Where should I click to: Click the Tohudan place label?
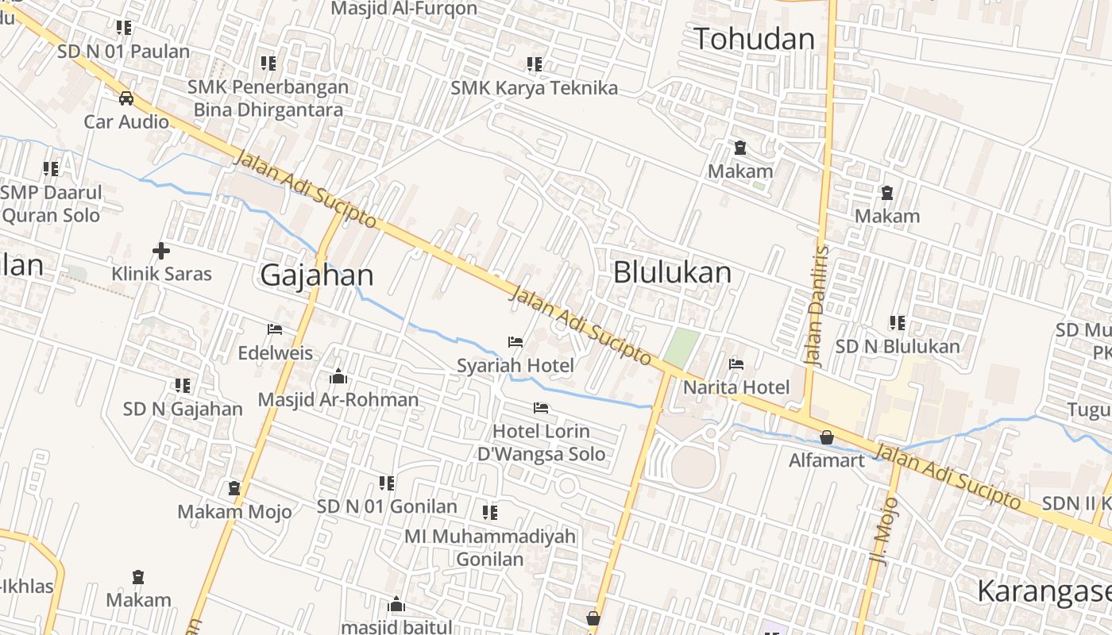(754, 39)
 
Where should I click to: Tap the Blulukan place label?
(672, 272)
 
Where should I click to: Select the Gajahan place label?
(316, 275)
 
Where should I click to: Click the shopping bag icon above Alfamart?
(827, 437)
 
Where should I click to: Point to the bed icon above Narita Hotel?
(736, 364)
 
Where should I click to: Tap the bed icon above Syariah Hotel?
(515, 343)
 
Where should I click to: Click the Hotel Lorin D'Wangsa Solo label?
(541, 443)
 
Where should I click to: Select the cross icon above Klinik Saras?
(161, 251)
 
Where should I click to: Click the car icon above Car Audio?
(126, 98)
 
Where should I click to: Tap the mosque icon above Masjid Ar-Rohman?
(338, 376)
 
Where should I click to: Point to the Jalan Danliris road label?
(817, 306)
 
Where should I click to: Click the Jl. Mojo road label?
(884, 530)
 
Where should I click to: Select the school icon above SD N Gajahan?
(183, 386)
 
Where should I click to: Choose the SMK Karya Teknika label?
(534, 88)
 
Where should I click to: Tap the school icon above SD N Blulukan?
(898, 323)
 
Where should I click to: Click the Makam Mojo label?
(234, 511)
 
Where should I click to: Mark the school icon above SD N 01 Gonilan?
(387, 483)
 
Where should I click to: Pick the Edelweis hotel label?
(276, 352)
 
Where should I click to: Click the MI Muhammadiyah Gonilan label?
(490, 547)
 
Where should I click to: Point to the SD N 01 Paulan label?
(124, 52)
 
